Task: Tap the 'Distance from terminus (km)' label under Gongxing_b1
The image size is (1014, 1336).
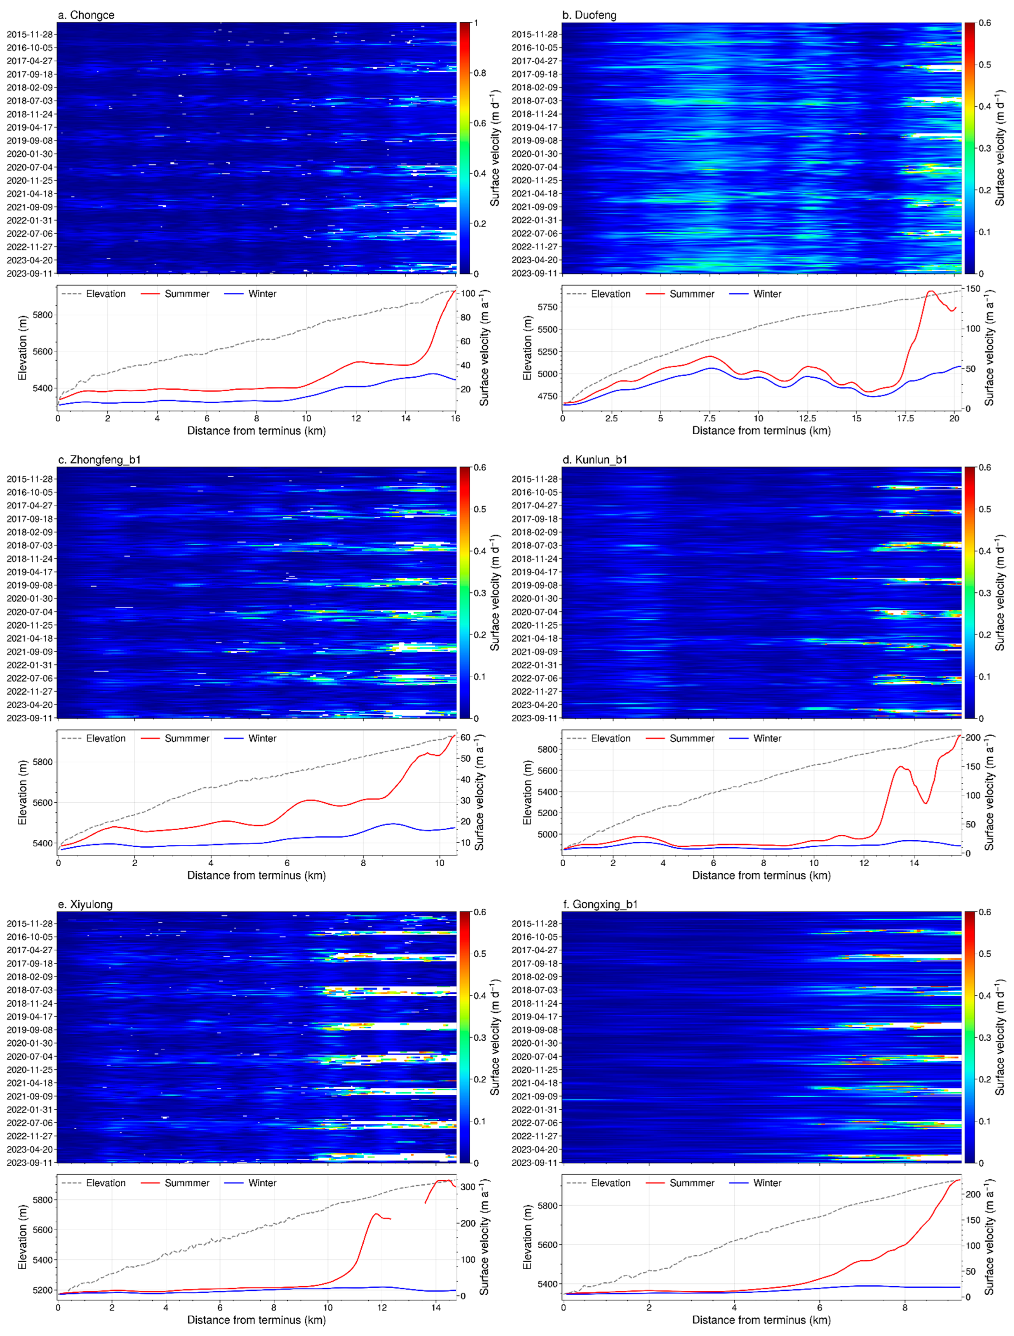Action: coord(761,1320)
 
